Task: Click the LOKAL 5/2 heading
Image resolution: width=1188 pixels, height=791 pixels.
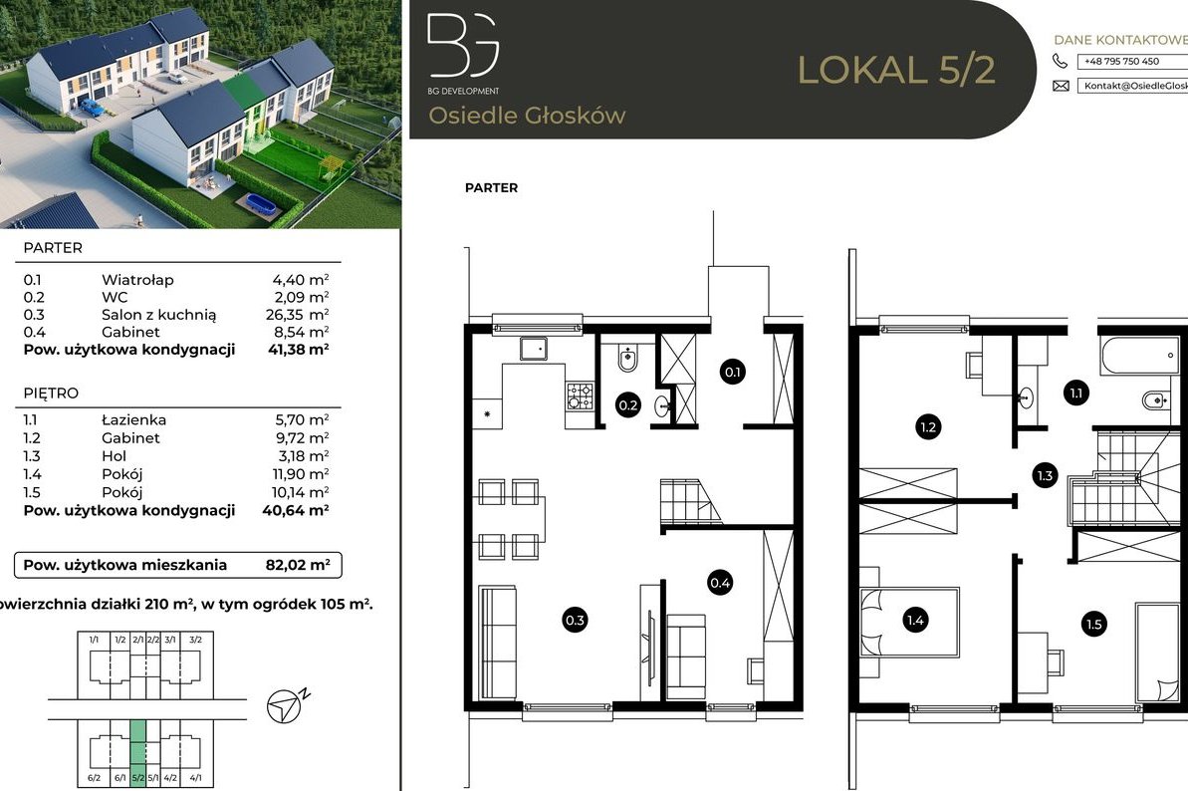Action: coord(896,70)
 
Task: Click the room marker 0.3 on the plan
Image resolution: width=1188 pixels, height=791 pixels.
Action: coord(575,620)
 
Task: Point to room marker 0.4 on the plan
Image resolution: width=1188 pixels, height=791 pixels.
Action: coord(720,582)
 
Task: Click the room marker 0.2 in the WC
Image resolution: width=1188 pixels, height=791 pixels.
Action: coord(628,405)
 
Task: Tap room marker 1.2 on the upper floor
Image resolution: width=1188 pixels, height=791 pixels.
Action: coord(928,428)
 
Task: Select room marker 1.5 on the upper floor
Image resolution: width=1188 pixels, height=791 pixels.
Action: coord(1093,625)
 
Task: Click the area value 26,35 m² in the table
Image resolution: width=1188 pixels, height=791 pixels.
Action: coord(300,315)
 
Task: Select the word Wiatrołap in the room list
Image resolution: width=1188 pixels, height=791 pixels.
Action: coord(136,280)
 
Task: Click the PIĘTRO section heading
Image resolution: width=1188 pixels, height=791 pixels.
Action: coord(51,394)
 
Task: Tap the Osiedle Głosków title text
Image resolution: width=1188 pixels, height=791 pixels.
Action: coord(527,116)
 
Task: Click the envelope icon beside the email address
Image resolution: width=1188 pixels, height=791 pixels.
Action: coord(1061,87)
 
